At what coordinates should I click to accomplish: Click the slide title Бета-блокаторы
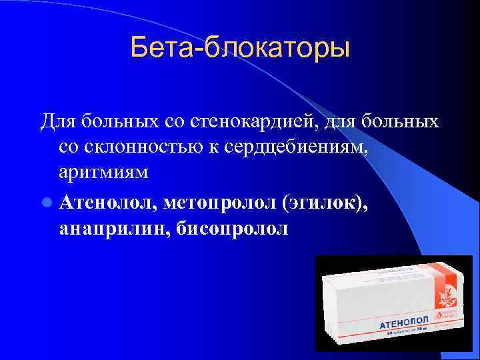(240, 48)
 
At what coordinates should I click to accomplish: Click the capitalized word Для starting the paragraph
(57, 122)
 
